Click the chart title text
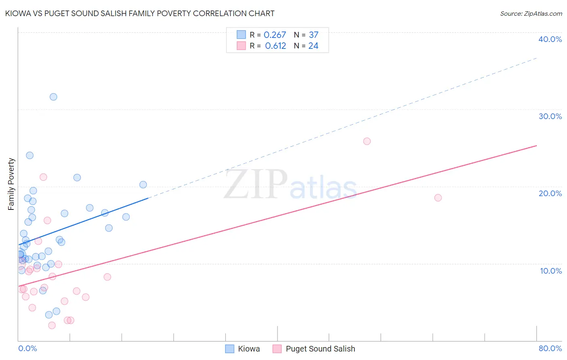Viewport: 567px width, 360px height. (140, 14)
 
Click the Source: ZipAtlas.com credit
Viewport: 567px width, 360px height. (531, 14)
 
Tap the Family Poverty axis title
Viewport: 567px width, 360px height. (11, 184)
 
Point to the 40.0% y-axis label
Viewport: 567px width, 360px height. (550, 39)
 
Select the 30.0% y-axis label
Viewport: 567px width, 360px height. (550, 116)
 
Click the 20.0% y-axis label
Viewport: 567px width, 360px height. (550, 193)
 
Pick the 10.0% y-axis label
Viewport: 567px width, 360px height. (551, 271)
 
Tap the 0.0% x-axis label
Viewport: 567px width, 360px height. (27, 348)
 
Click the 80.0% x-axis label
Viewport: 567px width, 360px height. (550, 348)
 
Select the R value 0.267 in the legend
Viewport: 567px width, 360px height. (275, 35)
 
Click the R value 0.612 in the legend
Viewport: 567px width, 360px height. (275, 46)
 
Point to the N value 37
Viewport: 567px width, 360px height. (313, 35)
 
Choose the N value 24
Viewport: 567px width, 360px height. (313, 46)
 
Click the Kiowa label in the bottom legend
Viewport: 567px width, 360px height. (249, 349)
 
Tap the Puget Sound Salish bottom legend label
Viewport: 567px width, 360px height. (320, 349)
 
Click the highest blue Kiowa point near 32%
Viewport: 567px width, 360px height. (53, 97)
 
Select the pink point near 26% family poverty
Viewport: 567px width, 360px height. (367, 141)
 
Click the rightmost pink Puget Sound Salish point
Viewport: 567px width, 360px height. (438, 198)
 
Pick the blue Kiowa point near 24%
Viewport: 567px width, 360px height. (30, 155)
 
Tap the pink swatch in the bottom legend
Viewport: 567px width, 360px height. (277, 349)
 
